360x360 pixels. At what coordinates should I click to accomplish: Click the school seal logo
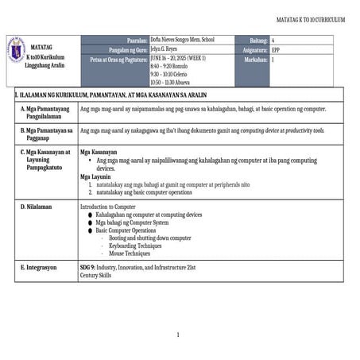(x=16, y=50)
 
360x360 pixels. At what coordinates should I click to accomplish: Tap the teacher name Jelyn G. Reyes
(x=167, y=49)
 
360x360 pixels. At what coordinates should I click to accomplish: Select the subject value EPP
(x=276, y=49)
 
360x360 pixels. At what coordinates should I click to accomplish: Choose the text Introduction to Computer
(x=108, y=207)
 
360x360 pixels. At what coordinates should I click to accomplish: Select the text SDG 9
(x=87, y=268)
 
